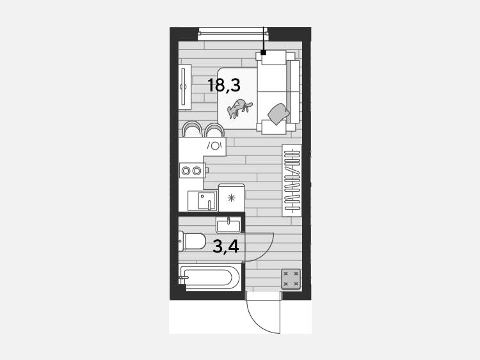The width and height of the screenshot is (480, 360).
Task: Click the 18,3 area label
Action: point(224,85)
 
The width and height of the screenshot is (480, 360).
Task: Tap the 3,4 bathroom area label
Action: point(226,247)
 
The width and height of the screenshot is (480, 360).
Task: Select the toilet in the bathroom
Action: point(191,241)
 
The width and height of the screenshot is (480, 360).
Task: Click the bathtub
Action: point(210,278)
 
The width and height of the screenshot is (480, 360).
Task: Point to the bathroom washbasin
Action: point(228,225)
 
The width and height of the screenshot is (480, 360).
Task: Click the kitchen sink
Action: point(203,201)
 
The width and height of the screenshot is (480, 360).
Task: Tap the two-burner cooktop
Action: point(192,170)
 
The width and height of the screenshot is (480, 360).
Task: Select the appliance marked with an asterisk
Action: point(232,198)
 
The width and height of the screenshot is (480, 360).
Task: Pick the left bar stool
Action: point(192,129)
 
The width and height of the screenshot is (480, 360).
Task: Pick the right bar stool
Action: point(214,130)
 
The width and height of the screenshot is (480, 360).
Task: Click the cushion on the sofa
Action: point(278,114)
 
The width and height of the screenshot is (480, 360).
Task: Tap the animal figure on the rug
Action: point(239,108)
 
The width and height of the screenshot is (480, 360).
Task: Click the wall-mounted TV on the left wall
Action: point(184,86)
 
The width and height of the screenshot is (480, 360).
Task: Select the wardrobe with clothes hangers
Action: point(292,180)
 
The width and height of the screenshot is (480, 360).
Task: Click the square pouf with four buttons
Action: point(291,279)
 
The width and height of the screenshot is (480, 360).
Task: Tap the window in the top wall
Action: point(233,34)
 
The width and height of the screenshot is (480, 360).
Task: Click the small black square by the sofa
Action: point(263,52)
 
